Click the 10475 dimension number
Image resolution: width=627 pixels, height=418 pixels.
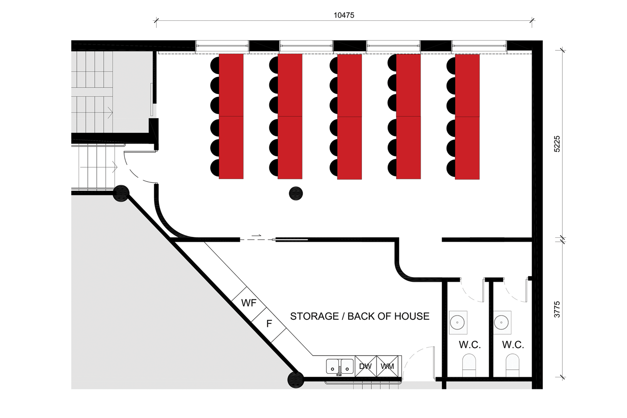coord(344,15)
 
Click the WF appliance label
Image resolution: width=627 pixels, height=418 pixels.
coord(249,303)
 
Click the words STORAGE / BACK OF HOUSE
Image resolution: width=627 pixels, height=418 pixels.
coord(360,316)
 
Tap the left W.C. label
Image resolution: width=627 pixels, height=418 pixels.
coord(470,345)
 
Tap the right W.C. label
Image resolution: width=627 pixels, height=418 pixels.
coord(513,345)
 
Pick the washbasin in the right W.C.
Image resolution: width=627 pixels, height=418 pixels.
coord(502,322)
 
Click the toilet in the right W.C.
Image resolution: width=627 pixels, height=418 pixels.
coord(512,365)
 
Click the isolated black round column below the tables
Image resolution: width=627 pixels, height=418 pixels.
coord(296,194)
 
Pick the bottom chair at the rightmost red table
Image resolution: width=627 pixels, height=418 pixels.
coord(451,168)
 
